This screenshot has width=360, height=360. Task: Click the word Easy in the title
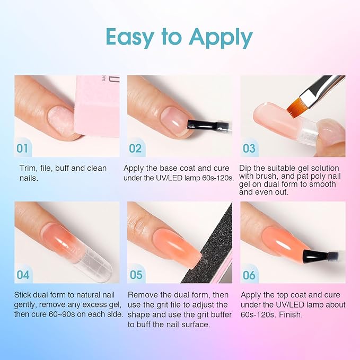coord(130,37)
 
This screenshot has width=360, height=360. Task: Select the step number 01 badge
coord(22,148)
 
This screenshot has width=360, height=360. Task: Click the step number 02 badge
coord(135,148)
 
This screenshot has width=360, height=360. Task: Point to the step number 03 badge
coord(249,148)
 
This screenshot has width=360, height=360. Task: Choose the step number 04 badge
coord(22,275)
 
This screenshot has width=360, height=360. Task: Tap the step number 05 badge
coord(136,275)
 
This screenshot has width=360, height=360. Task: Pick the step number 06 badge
coord(249,275)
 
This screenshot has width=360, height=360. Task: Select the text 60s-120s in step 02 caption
coord(216,178)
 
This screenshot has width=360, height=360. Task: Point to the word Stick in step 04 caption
coord(24,295)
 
